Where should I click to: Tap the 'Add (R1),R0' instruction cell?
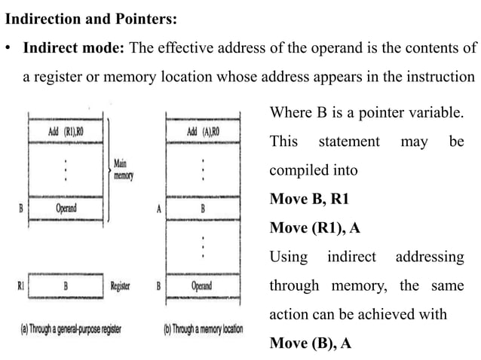point(66,131)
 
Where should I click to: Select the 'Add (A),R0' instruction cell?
point(201,131)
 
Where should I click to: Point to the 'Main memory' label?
point(123,169)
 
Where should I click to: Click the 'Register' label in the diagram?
point(121,286)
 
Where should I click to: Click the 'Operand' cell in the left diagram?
point(66,208)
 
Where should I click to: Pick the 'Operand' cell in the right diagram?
point(201,286)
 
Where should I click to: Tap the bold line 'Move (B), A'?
point(311,343)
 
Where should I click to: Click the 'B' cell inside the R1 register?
point(66,286)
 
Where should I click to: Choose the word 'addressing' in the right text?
point(430,257)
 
